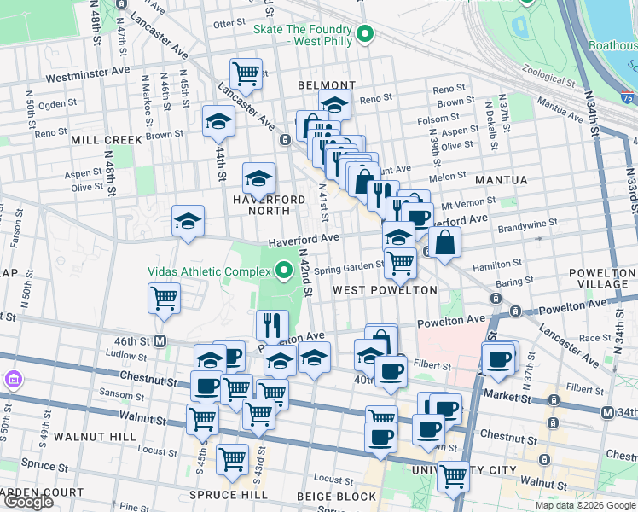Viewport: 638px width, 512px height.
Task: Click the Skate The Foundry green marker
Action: pos(365,35)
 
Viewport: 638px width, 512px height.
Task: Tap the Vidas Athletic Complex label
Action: pos(212,272)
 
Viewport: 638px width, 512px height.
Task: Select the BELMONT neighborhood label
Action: pos(327,85)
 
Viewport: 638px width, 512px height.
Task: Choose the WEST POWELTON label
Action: pos(385,290)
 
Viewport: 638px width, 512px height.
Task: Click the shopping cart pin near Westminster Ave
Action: pos(246,73)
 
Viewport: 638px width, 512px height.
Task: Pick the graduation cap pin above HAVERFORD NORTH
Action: pos(258,177)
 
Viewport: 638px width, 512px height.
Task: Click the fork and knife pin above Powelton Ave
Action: pos(272,324)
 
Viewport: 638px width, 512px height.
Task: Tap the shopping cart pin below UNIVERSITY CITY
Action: pos(453,475)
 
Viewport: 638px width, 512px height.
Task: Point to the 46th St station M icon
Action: pos(159,341)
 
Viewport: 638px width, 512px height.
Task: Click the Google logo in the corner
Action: pos(28,502)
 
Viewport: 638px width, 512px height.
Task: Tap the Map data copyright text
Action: pos(585,505)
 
